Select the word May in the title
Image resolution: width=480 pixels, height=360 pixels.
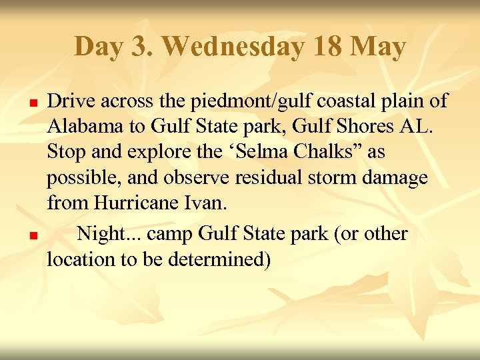(377, 47)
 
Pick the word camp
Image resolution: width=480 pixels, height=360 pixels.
(169, 234)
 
